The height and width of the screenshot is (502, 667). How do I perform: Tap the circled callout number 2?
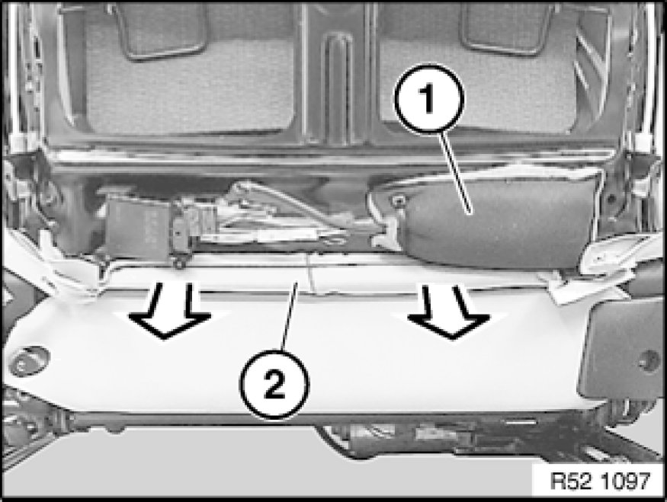pyautogui.click(x=274, y=384)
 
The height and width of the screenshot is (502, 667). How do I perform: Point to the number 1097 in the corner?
pyautogui.click(x=626, y=481)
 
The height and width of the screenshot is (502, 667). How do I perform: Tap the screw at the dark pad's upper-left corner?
pyautogui.click(x=398, y=200)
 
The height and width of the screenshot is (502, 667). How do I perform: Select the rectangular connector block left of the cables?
pyautogui.click(x=140, y=229)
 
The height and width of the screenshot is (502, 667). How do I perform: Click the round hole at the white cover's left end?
pyautogui.click(x=28, y=360)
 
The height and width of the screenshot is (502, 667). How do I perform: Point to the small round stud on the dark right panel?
pyautogui.click(x=649, y=360)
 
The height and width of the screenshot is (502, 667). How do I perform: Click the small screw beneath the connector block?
pyautogui.click(x=179, y=264)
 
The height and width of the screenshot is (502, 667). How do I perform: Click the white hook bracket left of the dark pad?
pyautogui.click(x=385, y=235)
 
